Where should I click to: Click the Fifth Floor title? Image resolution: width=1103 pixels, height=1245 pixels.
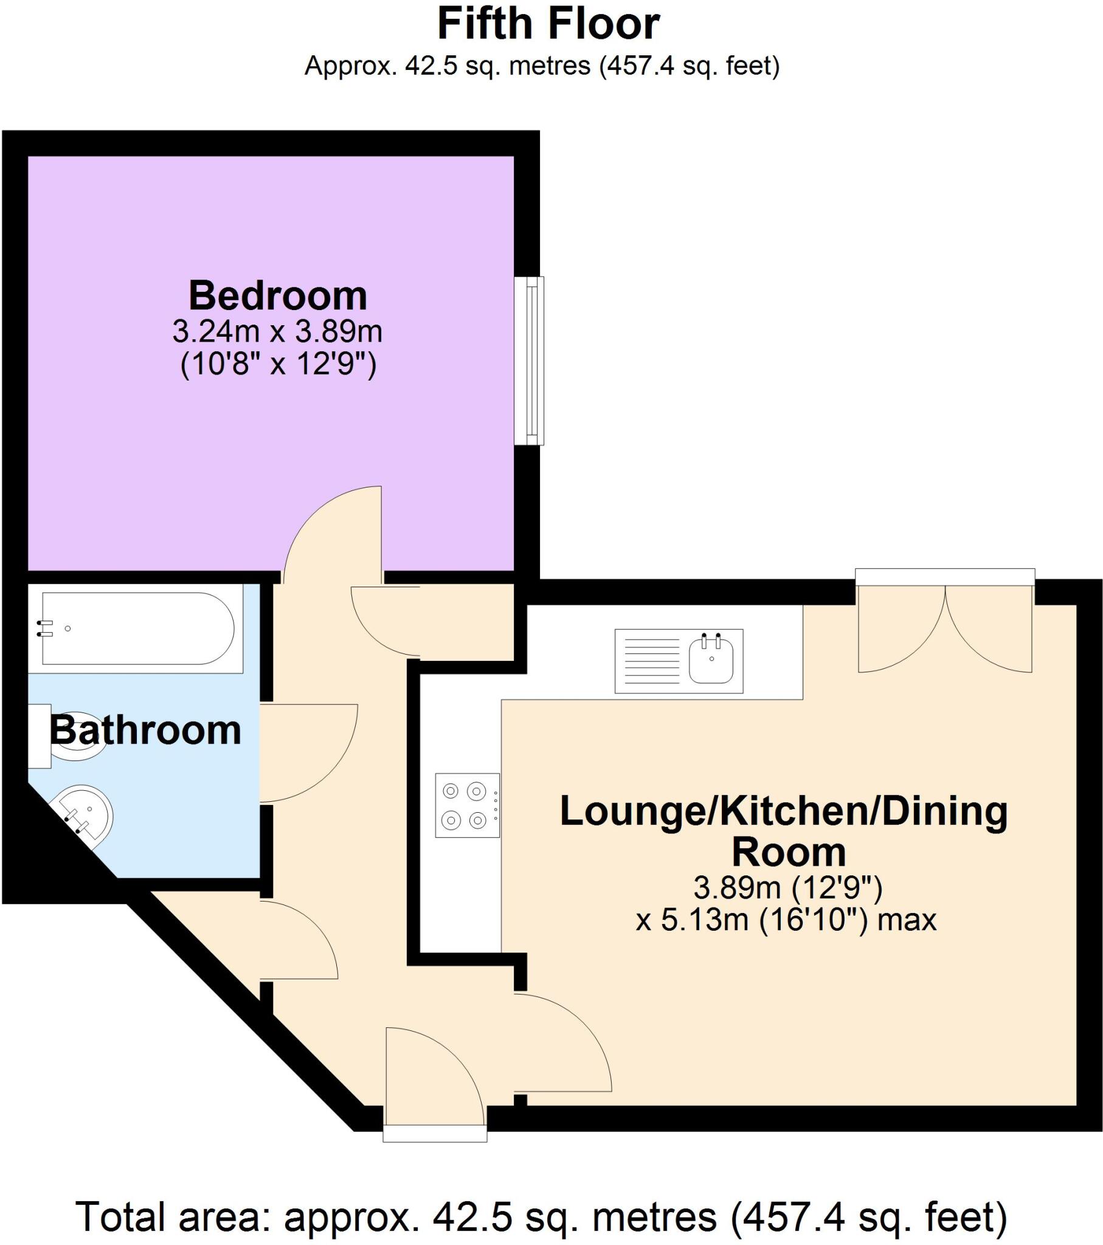[548, 24]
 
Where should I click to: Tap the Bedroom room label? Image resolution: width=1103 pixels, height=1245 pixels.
[277, 296]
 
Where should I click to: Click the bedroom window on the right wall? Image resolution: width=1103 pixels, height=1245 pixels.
[529, 360]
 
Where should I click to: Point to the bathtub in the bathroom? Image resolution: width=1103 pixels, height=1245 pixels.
[137, 628]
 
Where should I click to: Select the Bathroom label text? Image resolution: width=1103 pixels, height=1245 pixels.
[145, 730]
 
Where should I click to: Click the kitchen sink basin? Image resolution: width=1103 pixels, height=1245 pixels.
[711, 661]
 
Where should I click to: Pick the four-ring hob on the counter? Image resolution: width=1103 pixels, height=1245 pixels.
[467, 805]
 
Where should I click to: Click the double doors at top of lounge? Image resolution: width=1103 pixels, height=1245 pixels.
[944, 627]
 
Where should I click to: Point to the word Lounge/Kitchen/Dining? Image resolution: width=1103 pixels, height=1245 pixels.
[784, 812]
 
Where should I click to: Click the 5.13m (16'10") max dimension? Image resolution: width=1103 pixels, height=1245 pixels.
[786, 919]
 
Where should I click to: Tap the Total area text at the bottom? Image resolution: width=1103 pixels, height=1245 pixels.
[541, 1217]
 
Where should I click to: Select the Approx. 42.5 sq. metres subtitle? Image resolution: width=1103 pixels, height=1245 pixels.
[542, 66]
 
